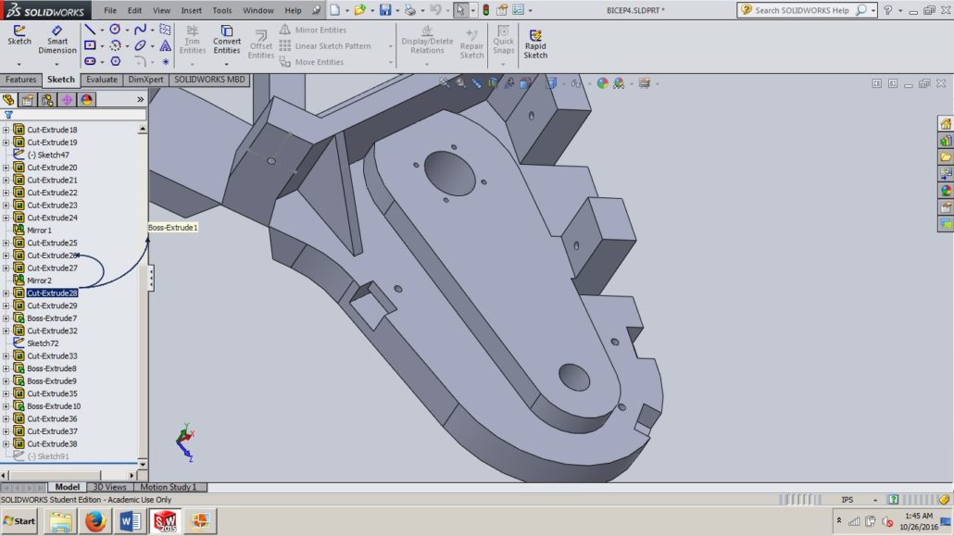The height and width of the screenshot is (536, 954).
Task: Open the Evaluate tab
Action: click(102, 80)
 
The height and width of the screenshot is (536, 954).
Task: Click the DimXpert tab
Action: click(145, 80)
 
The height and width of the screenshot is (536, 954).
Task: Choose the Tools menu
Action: click(222, 10)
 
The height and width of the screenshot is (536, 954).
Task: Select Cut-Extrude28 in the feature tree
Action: click(52, 293)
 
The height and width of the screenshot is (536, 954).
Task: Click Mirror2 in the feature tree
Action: click(40, 280)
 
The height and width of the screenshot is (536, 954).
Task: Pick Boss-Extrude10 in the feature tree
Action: click(54, 406)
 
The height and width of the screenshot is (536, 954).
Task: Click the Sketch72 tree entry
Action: click(43, 343)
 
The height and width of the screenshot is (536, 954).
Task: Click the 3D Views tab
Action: click(109, 487)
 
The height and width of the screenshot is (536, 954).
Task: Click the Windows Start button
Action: click(19, 521)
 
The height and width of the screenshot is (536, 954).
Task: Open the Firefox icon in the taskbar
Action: click(94, 521)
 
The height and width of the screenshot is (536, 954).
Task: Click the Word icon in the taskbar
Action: click(130, 521)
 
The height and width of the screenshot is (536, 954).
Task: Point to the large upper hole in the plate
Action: click(449, 171)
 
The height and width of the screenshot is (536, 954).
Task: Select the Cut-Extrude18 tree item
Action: click(52, 130)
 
